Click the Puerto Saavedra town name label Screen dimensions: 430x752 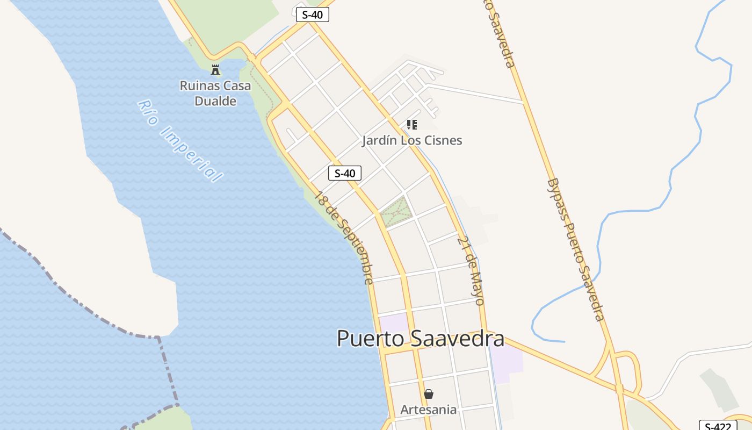(420, 339)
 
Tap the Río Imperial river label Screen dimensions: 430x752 (179, 141)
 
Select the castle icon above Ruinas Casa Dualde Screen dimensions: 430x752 (215, 69)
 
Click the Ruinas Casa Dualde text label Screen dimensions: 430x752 (215, 93)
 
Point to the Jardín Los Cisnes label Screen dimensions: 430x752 (412, 141)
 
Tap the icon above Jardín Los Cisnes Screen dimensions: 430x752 (412, 125)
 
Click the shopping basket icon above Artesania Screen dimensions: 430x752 (428, 394)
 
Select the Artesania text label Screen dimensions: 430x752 (428, 410)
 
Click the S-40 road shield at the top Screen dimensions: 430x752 (312, 15)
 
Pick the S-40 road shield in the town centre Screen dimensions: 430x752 (344, 173)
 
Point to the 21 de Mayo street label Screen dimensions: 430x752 (472, 270)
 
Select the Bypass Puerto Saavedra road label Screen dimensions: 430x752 (576, 249)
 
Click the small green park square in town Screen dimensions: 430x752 (396, 211)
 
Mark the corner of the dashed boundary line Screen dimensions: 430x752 (159, 338)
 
